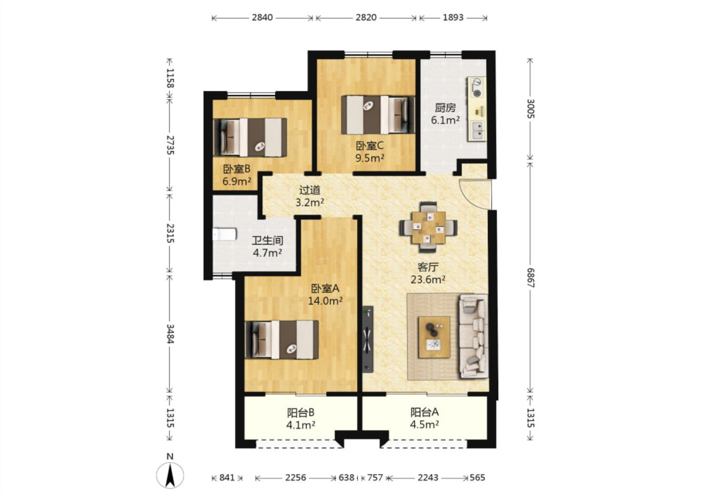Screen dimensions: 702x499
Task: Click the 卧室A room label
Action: tap(325, 288)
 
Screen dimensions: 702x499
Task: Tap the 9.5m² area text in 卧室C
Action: tap(370, 158)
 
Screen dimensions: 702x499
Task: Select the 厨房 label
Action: tap(445, 108)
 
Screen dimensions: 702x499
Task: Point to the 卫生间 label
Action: tap(267, 241)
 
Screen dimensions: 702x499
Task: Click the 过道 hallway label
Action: tap(310, 190)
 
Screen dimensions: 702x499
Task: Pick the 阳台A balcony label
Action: tap(425, 412)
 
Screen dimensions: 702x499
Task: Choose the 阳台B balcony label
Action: tap(300, 413)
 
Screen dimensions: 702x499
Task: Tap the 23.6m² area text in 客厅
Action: tap(428, 279)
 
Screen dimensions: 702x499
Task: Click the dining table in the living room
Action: tap(429, 228)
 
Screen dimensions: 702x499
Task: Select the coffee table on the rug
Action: tap(434, 337)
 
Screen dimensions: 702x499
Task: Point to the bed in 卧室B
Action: tap(250, 137)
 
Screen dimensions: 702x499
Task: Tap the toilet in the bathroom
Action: tap(224, 234)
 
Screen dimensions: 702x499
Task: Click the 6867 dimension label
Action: tap(530, 278)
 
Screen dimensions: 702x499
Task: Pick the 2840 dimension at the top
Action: tap(262, 18)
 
